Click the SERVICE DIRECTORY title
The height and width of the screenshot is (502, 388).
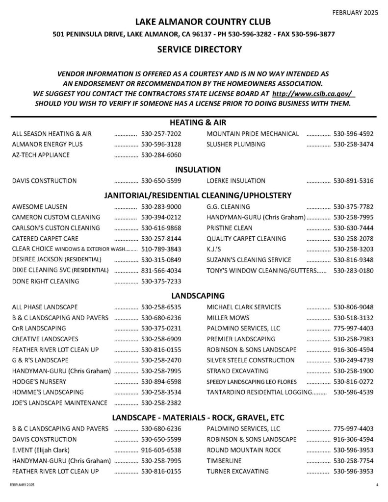pos(199,49)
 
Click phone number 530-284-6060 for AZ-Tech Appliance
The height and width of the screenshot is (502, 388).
pos(161,155)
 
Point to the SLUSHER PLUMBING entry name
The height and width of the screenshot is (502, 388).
pos(236,144)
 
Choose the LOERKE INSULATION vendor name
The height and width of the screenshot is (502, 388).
pos(236,181)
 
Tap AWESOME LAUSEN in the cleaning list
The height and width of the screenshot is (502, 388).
pos(40,206)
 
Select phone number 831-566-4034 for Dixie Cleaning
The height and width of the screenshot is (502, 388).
pos(161,270)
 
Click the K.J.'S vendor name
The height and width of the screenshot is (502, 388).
pos(213,249)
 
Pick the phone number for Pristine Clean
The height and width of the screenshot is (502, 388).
pos(353,228)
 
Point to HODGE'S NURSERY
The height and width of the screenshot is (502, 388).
pos(39,381)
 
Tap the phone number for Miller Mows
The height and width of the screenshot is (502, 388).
pos(353,318)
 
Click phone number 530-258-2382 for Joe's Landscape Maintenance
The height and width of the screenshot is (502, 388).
pos(161,403)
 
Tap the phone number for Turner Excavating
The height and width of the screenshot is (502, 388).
pos(353,472)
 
